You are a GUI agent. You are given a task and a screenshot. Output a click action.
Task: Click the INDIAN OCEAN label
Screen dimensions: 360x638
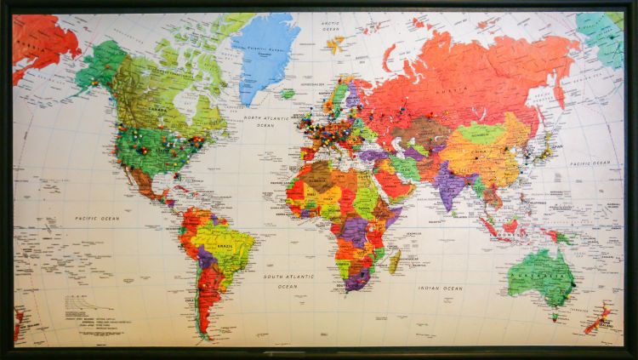click(441, 289)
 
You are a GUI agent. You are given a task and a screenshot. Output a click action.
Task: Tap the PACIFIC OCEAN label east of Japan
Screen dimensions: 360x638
click(590, 162)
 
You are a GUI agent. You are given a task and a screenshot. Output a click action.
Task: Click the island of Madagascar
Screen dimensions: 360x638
click(395, 260)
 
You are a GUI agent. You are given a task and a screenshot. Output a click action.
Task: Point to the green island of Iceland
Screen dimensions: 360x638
click(288, 93)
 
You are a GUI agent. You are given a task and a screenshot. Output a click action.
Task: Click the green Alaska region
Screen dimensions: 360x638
click(99, 63)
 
